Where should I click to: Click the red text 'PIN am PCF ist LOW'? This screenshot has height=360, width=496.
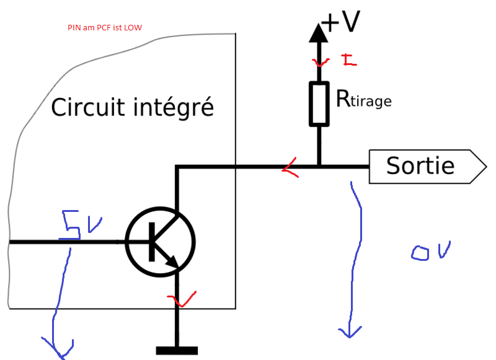click(x=105, y=28)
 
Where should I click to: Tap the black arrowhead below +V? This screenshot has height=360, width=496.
click(x=319, y=32)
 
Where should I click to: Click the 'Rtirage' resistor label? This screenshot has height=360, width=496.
click(x=363, y=99)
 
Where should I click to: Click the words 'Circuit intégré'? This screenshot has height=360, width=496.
click(x=132, y=107)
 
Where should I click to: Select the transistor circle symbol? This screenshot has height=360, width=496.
click(x=161, y=242)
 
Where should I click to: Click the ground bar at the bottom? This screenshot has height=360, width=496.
click(x=177, y=351)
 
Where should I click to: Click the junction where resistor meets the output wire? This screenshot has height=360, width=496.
click(x=319, y=166)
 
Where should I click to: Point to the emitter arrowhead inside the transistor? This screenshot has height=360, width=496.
click(x=174, y=263)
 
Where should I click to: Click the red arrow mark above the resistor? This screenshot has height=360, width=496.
click(x=321, y=62)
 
